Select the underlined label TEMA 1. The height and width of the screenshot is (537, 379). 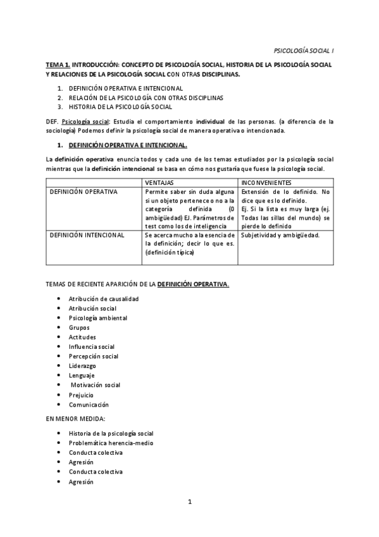coord(57,65)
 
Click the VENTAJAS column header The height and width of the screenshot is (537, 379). coord(158,182)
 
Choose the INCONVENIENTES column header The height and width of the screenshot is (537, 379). coord(266,182)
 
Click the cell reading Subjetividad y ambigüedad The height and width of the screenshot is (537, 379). coord(280,235)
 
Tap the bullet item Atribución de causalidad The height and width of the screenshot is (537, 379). coord(104,298)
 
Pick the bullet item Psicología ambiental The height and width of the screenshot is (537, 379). coord(98,318)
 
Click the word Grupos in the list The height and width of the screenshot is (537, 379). coord(79,327)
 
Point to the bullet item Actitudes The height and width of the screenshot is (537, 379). coord(82,337)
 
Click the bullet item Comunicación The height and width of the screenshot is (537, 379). coord(89,404)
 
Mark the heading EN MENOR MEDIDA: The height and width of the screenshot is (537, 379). coord(71,419)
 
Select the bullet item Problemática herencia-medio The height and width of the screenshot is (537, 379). coord(111,443)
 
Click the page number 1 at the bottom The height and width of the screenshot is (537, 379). coord(189,502)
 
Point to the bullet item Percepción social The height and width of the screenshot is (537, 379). coord(94,356)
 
